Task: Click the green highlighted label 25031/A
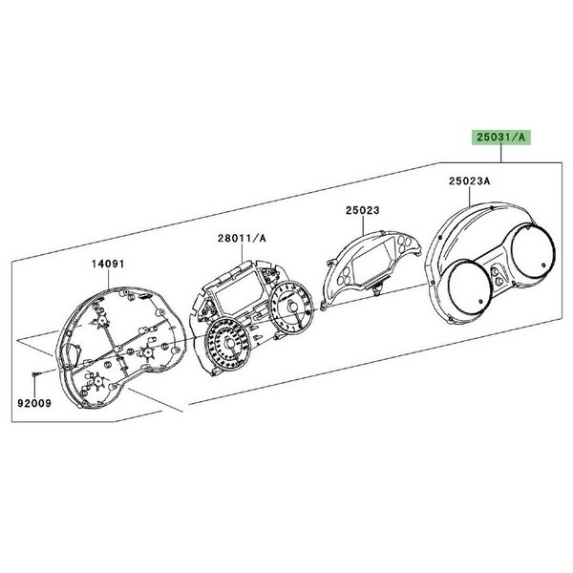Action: point(500,138)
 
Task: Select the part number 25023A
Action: point(470,181)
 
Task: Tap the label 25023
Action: point(363,210)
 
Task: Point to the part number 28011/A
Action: point(242,238)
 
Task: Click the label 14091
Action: point(108,264)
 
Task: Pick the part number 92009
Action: point(34,403)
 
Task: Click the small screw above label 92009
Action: point(34,373)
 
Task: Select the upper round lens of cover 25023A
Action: point(533,249)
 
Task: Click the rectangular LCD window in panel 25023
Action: point(371,261)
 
